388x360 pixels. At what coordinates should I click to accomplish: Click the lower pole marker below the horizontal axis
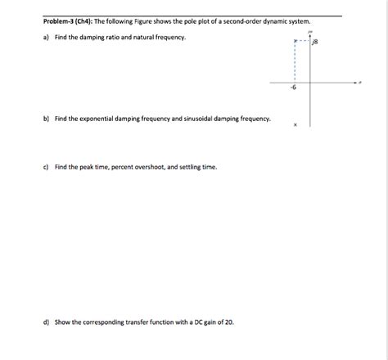(296, 125)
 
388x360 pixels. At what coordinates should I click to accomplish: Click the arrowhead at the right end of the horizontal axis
(357, 82)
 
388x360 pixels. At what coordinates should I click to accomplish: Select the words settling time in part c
(199, 167)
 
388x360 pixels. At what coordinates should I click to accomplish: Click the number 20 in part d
(229, 322)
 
